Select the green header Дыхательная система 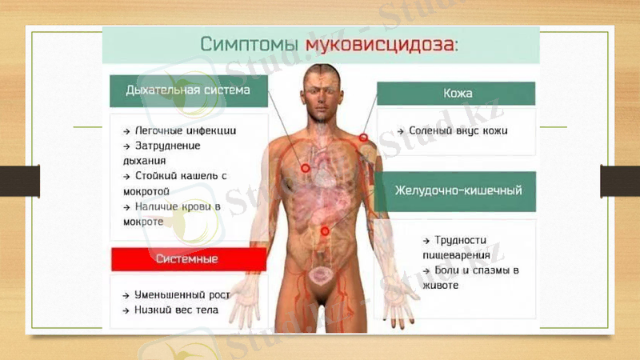[187, 90]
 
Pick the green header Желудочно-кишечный [458, 191]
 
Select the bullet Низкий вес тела [174, 310]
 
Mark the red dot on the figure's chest [305, 167]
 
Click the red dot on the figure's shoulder [362, 138]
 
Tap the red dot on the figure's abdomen [325, 230]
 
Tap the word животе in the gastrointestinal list [442, 285]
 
